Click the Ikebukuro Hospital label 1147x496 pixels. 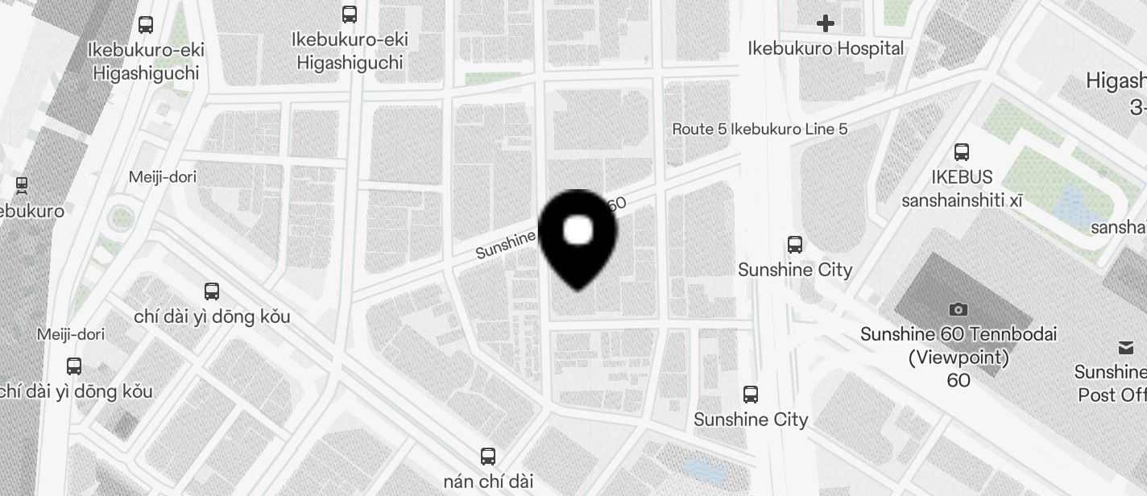(x=826, y=48)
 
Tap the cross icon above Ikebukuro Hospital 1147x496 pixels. (x=826, y=23)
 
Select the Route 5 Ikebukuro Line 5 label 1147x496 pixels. (x=760, y=129)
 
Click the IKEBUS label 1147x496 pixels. (x=962, y=177)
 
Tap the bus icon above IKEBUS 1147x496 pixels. (x=961, y=151)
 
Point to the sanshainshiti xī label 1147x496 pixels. (x=962, y=200)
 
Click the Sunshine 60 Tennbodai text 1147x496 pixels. (x=958, y=334)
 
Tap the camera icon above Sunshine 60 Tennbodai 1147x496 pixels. (x=958, y=309)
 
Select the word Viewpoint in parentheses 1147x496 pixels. (x=959, y=357)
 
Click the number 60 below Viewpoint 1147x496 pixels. (x=959, y=380)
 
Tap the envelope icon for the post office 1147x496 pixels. (x=1125, y=348)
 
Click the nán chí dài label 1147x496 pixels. (x=488, y=482)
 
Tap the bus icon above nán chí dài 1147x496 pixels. (x=487, y=457)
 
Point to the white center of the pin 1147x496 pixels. (x=578, y=230)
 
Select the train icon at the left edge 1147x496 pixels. (x=23, y=186)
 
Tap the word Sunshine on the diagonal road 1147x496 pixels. (x=505, y=246)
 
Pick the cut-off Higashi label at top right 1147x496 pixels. (x=1116, y=81)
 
